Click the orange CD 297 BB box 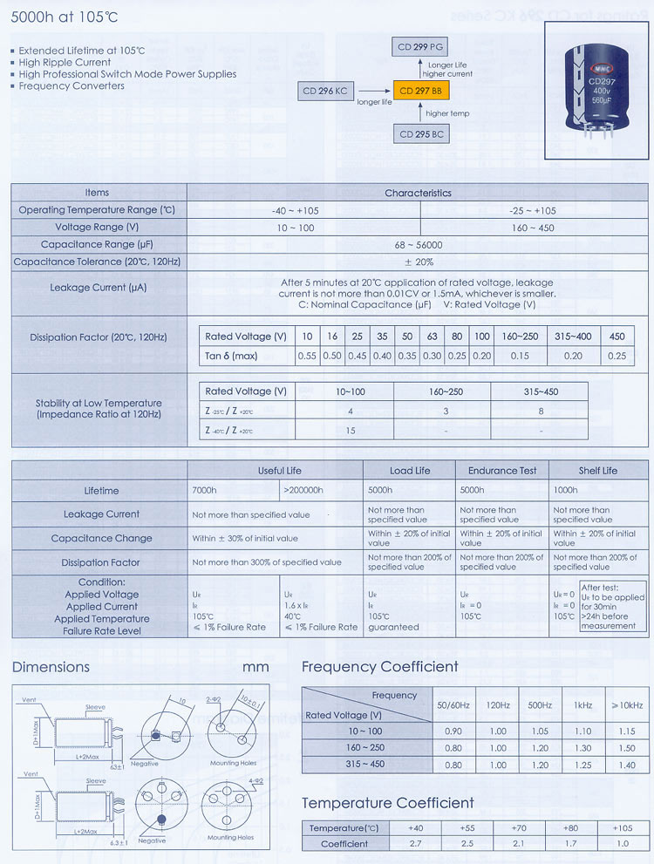[419, 91]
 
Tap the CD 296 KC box [324, 91]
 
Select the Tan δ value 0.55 [307, 356]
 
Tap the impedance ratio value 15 [351, 431]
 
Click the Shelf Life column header [597, 471]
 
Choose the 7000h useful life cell [204, 491]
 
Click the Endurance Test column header [502, 471]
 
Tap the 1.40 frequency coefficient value [626, 765]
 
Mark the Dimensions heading [51, 667]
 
